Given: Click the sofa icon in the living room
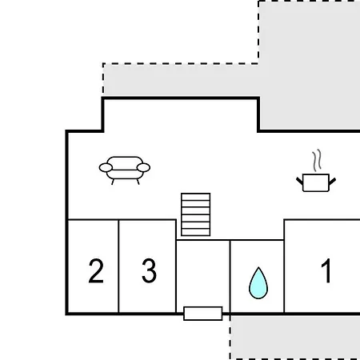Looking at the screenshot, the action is pos(125,170).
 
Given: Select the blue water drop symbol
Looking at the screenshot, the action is pos(258,283).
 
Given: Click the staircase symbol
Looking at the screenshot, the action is pos(196,214).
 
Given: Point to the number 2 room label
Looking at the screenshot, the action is pos(96,270).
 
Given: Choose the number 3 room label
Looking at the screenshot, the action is pos(149,270).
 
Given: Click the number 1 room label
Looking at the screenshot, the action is pos(326,270).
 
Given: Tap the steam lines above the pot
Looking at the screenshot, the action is pos(317,160).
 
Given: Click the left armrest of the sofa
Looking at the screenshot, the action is pos(106,168).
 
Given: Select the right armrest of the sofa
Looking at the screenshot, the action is pos(143,168).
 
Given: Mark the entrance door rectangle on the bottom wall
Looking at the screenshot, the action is pos(203,314).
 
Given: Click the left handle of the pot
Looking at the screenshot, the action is pos(300,181).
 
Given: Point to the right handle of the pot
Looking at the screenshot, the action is pos(332,182).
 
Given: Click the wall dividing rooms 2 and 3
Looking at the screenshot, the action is pos(118,266).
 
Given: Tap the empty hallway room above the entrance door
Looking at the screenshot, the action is pos(203,274).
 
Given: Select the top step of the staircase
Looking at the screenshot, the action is pos(196,197).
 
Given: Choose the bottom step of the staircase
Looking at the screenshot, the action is pos(196,232).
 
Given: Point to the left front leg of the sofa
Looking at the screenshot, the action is pos(113,182).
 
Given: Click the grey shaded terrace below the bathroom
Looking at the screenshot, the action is pos(295,337).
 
